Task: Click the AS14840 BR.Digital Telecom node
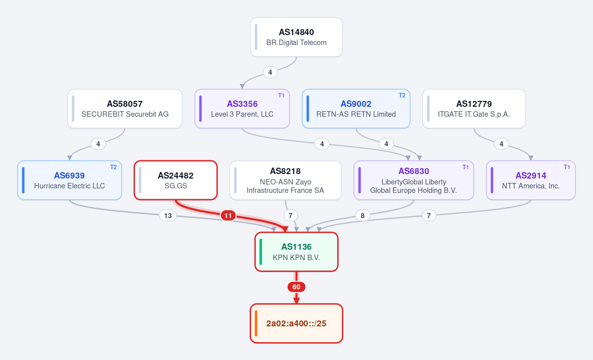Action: tap(296, 37)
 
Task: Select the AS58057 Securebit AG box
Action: tap(125, 109)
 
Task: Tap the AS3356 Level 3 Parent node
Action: tap(242, 109)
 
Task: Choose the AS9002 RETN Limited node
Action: tap(356, 109)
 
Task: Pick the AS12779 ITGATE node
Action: tap(474, 109)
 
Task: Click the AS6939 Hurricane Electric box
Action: tap(70, 180)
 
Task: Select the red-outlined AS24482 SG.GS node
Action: tap(176, 180)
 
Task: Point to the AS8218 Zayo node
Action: tap(286, 180)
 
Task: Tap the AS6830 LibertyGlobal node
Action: tap(414, 180)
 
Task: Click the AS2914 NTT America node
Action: tap(531, 180)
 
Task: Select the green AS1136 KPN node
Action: tap(296, 252)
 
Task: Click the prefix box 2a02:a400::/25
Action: tap(296, 323)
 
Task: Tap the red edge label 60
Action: tap(296, 287)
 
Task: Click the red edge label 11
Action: tap(228, 216)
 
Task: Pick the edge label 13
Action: tap(168, 216)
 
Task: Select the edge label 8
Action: tap(363, 216)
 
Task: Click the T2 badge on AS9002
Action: tap(402, 95)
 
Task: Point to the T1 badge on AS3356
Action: tap(281, 95)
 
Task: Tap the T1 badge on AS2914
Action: tap(567, 167)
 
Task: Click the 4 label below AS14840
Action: tap(270, 72)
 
